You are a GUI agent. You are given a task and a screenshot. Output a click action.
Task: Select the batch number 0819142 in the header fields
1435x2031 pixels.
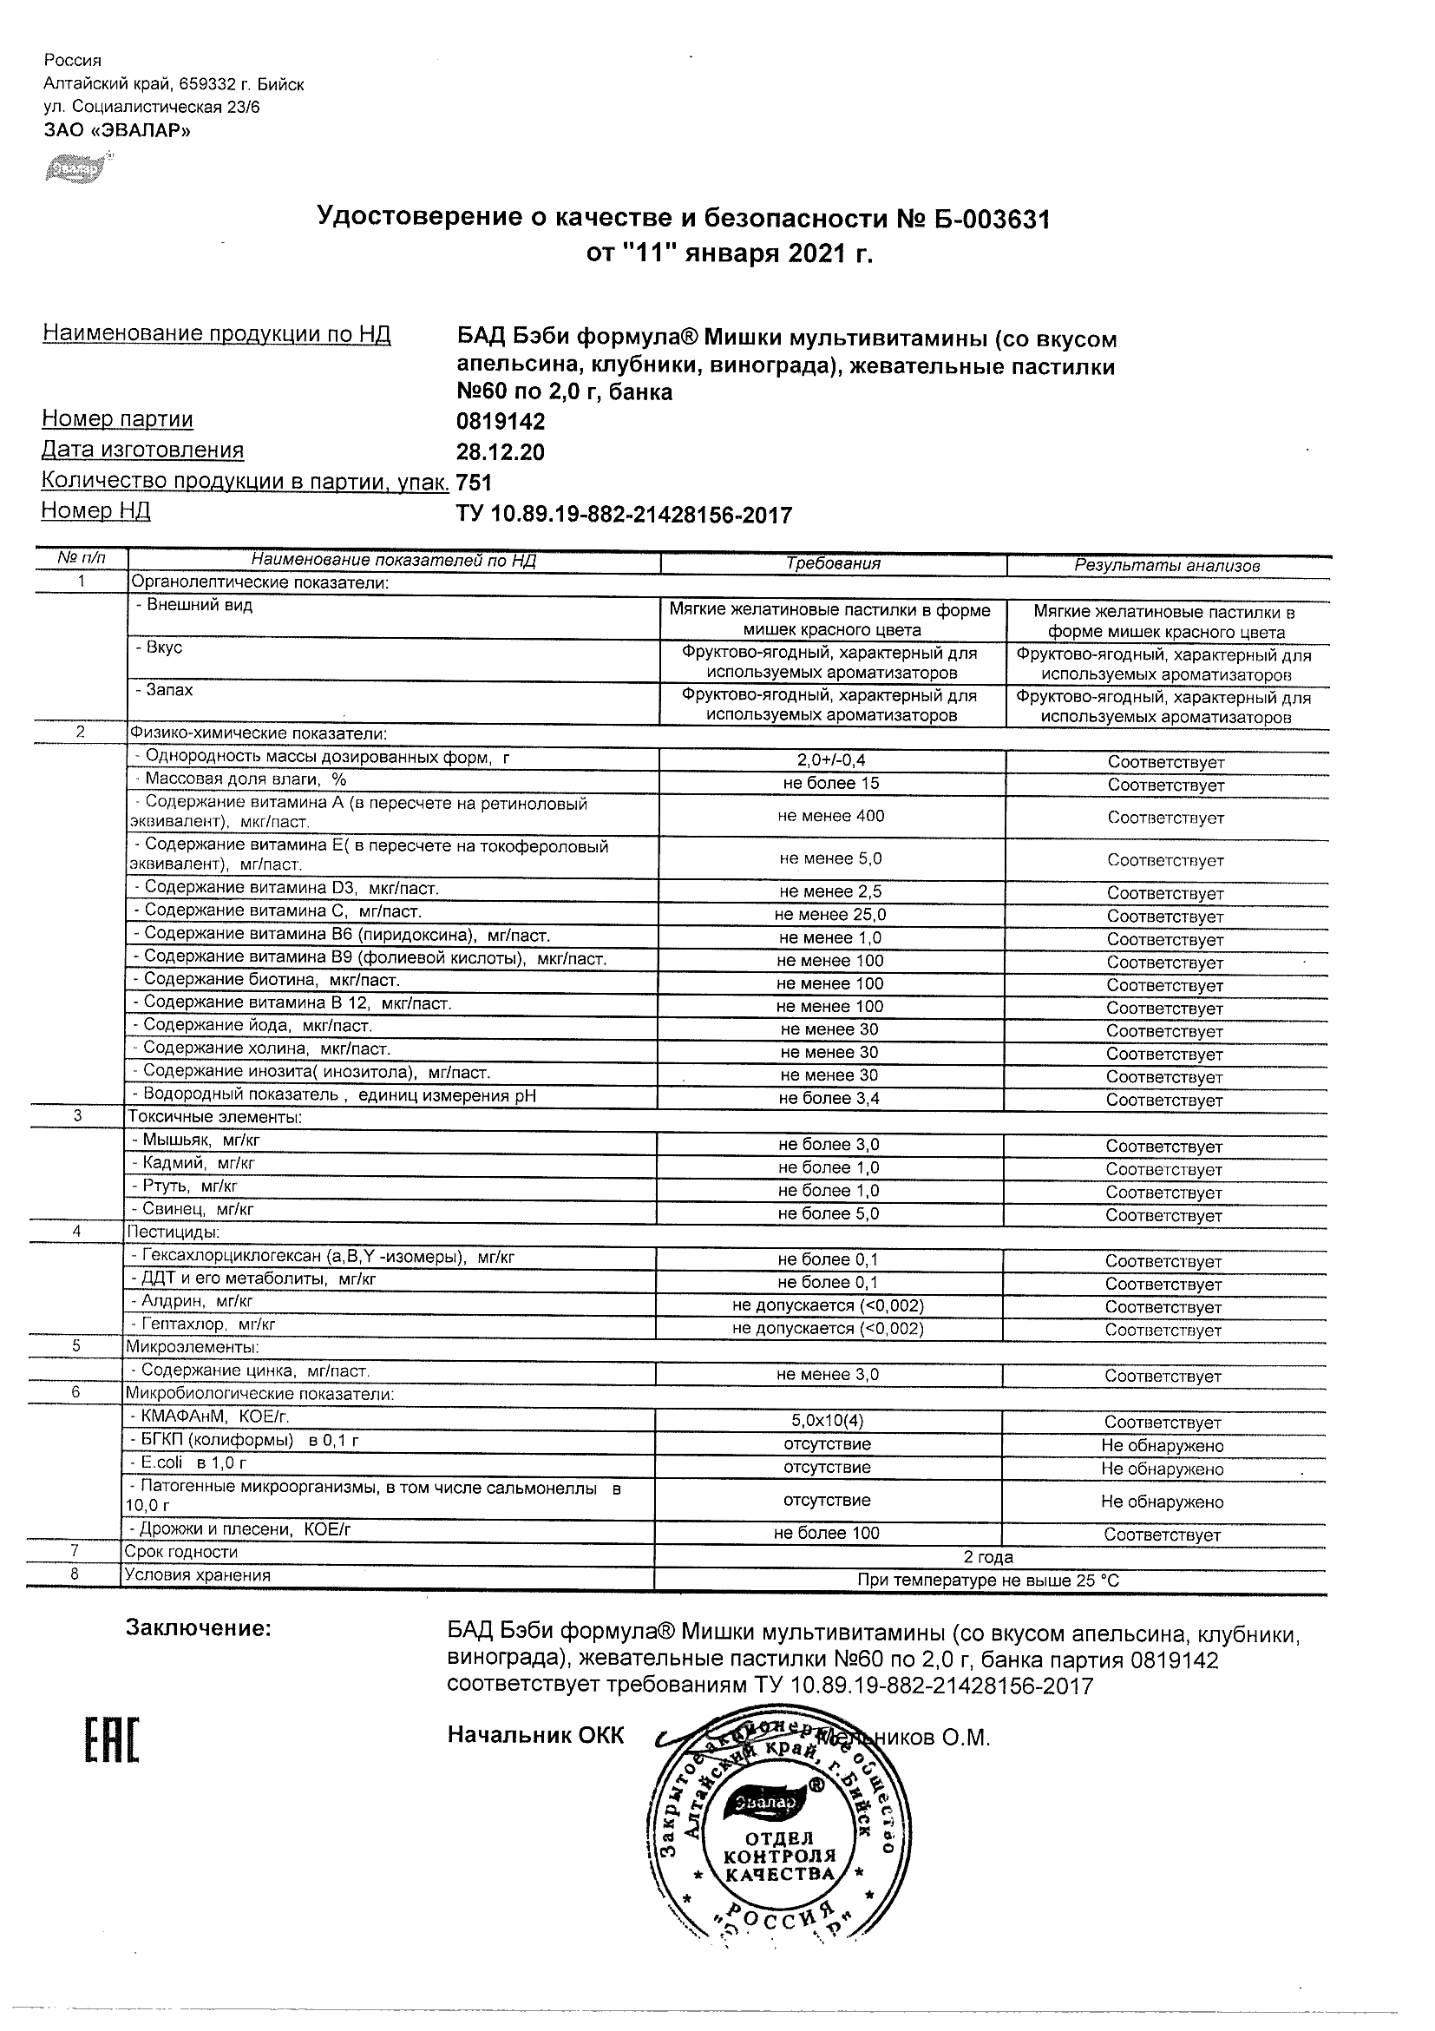501,421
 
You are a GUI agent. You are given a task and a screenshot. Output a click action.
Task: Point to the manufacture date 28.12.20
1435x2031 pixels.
501,452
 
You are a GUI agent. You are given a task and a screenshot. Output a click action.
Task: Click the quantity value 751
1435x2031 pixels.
474,482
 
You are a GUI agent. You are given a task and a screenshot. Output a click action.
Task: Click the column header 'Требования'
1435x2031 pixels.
833,563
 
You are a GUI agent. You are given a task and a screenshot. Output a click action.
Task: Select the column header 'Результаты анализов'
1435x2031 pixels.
1166,565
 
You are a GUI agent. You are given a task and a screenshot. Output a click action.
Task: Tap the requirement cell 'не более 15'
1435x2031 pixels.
830,783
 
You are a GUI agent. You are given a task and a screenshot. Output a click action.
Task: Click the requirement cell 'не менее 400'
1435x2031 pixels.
830,816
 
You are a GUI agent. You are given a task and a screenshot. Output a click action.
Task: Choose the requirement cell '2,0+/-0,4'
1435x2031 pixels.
830,759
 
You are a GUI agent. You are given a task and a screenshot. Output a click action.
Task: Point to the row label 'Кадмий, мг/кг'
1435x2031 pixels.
198,1164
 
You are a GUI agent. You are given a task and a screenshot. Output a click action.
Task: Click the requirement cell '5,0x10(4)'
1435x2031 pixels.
828,1422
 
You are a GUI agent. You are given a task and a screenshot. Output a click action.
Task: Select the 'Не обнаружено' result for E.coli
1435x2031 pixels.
1162,1469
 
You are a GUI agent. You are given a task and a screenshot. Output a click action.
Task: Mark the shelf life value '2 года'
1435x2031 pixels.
987,1557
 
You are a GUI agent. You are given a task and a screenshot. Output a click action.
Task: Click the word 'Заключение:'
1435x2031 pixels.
198,1627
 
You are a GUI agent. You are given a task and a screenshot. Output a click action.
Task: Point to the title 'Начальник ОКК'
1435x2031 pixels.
535,1736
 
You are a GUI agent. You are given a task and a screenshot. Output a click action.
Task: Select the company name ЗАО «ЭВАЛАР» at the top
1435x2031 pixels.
117,131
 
